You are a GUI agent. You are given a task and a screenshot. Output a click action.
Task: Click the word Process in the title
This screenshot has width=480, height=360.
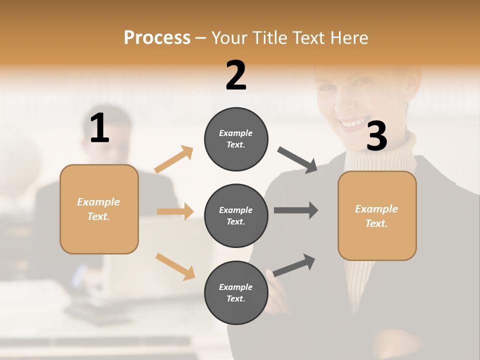pos(157,37)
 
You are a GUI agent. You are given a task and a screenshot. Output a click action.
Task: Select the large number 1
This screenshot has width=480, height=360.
pos(99,128)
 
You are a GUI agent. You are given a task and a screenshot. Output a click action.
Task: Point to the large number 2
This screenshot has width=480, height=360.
pos(236,75)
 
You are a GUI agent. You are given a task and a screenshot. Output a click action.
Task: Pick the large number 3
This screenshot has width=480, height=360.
pos(376,136)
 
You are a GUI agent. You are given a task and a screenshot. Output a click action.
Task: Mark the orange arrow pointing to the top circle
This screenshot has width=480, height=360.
pos(174,159)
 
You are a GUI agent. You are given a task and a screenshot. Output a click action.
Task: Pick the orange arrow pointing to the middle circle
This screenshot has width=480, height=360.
pos(175,211)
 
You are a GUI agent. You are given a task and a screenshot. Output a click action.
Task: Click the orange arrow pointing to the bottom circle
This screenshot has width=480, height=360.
pos(175,266)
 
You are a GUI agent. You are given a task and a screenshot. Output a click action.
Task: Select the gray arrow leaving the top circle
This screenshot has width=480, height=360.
pos(297,160)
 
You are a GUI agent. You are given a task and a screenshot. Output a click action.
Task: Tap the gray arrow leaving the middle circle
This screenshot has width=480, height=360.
pos(296,210)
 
